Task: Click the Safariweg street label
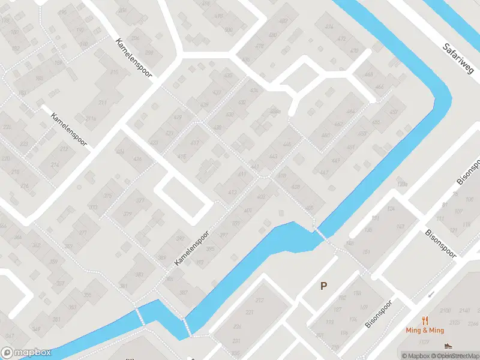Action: (x=457, y=59)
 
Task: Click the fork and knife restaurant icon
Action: (x=425, y=320)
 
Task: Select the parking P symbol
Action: (x=324, y=286)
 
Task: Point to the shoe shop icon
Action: (x=448, y=346)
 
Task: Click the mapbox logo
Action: (x=25, y=353)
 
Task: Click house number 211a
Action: (x=91, y=119)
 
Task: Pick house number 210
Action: (x=114, y=72)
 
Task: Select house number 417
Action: (x=194, y=143)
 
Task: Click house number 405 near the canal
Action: (x=309, y=208)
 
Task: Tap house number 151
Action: (x=365, y=251)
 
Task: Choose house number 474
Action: (x=328, y=27)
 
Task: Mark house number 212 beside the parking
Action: (x=260, y=299)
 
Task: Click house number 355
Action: (x=88, y=295)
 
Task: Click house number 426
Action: (x=137, y=159)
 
